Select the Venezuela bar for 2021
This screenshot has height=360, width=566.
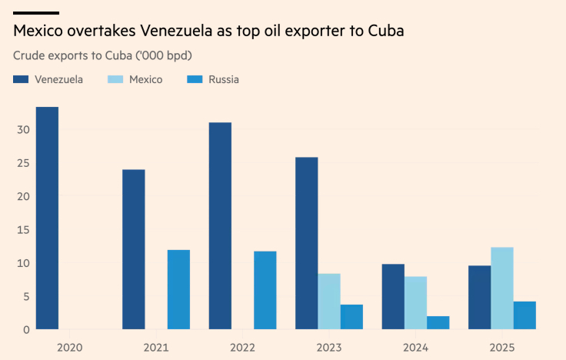coord(133,249)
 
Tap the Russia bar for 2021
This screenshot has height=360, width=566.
coord(178,289)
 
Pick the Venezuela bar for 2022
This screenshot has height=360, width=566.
coord(220,226)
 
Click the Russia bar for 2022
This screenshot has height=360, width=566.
coord(265,290)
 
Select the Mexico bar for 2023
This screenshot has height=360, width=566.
coord(329,302)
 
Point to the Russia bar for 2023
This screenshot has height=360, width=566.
coord(351,317)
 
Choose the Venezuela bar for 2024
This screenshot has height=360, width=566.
coord(393,297)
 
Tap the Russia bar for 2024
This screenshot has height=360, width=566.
coord(438,322)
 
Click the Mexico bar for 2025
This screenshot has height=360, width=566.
coord(502,288)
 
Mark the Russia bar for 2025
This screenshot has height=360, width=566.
coord(524,315)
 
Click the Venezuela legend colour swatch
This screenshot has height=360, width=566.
coord(21,79)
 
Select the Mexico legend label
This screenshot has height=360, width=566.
coord(145,79)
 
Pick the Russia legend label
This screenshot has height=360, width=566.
coord(224,79)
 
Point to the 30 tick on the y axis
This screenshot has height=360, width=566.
coord(24,129)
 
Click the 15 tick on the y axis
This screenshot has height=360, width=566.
coord(24,229)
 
